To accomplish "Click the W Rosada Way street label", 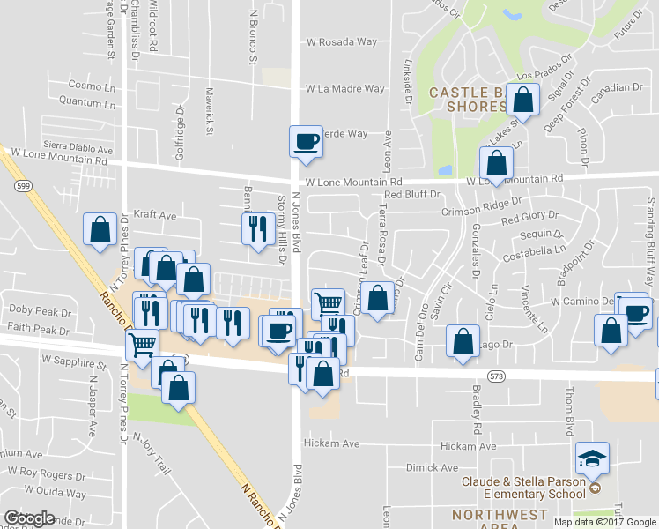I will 341,41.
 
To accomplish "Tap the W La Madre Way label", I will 344,88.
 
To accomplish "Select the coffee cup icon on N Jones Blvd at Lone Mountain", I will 307,141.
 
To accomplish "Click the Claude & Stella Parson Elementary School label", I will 525,487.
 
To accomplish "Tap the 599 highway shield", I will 24,186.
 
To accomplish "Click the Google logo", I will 29,518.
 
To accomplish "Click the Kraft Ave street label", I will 155,214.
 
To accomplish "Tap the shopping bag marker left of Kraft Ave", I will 100,229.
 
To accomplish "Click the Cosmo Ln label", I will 92,86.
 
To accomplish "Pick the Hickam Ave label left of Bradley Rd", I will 332,443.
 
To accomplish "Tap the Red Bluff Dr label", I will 405,194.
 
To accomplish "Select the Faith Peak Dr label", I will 39,331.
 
